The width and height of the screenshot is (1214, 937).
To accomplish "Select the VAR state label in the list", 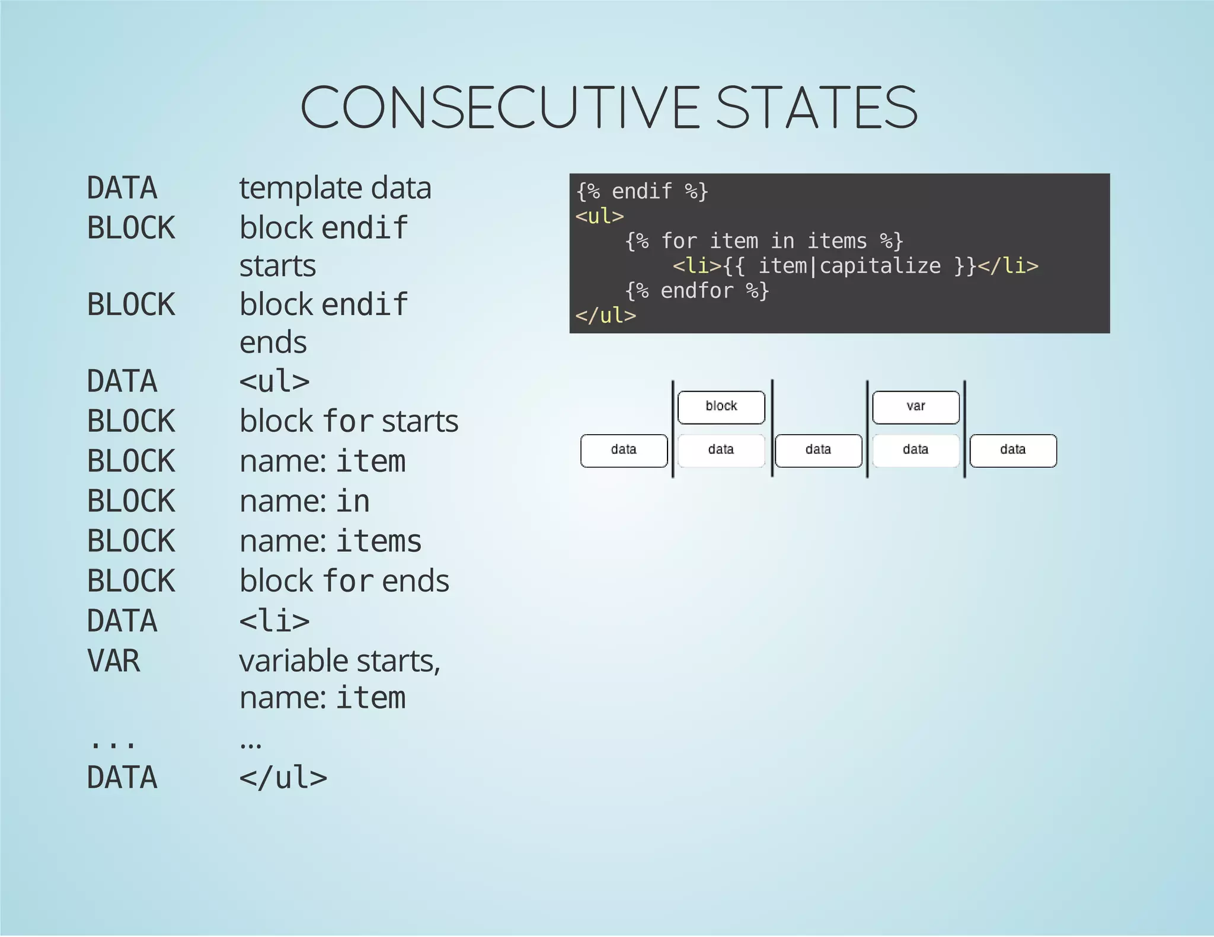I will pos(113,660).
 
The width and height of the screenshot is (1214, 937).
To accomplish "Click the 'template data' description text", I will pos(335,188).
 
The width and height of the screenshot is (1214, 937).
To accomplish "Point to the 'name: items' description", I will pos(330,541).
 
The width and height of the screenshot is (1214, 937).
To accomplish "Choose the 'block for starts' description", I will pos(349,421).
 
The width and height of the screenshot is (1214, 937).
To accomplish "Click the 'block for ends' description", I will pos(344,581).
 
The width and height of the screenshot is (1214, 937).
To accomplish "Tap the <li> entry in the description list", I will pos(274,621).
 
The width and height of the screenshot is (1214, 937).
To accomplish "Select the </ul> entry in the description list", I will pos(283,778).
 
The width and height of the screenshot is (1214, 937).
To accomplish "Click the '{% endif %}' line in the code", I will pos(642,191).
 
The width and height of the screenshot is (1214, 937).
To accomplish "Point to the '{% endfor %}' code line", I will pos(697,291).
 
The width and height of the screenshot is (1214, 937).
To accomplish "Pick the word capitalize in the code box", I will pos(880,266).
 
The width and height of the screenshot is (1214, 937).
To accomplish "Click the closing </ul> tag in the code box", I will pos(605,316).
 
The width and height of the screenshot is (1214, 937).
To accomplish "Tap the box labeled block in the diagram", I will pos(721,407).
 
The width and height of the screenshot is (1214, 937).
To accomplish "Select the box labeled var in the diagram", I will pos(916,407).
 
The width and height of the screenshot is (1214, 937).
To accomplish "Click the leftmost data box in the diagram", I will pos(624,450).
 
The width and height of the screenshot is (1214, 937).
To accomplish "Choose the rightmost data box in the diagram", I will pos(1013,450).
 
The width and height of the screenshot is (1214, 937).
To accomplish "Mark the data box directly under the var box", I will pos(916,450).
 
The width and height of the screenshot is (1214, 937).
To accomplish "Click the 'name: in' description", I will pos(304,501).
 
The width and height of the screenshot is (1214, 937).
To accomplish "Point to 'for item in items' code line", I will pos(764,241).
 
